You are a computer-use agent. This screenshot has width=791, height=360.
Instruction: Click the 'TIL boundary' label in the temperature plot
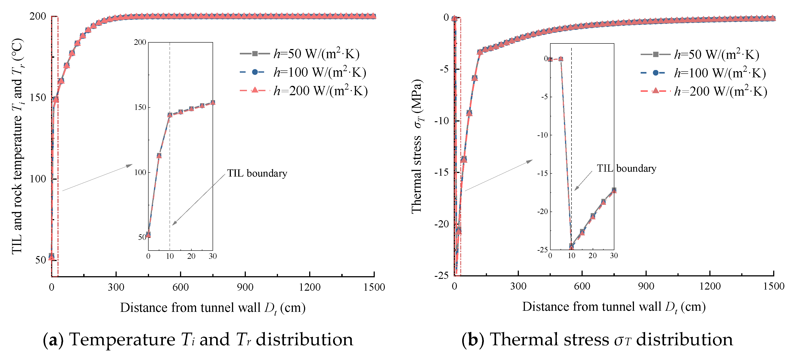click(x=257, y=173)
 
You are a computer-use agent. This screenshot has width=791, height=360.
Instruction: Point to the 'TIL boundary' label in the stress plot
click(x=626, y=169)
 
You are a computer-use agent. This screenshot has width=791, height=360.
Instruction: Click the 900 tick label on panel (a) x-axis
click(x=245, y=287)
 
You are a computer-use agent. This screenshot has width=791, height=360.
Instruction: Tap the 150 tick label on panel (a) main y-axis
click(x=37, y=98)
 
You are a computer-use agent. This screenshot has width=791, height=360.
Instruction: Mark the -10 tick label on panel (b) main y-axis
click(x=441, y=121)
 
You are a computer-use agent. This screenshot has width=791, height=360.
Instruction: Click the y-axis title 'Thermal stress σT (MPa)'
click(x=417, y=147)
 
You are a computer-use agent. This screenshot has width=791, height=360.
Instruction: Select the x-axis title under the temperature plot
click(x=213, y=308)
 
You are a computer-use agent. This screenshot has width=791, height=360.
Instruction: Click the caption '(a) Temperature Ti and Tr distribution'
click(x=198, y=340)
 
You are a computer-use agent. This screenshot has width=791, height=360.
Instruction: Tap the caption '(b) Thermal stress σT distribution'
click(x=597, y=340)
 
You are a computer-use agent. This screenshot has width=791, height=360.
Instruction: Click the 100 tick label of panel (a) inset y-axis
click(x=140, y=173)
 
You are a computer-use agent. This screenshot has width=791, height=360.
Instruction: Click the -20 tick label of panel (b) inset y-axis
click(x=542, y=212)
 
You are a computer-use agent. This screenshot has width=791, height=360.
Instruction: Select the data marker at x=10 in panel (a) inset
click(x=170, y=115)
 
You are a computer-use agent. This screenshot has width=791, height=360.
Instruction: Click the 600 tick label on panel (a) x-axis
click(x=180, y=287)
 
